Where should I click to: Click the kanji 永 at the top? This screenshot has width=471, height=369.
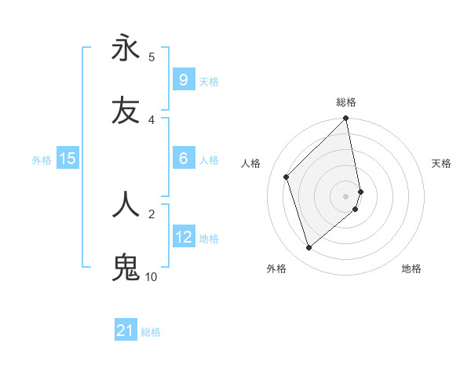(126, 49)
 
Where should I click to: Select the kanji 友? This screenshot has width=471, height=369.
(126, 111)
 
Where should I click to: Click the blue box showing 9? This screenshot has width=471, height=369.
(183, 80)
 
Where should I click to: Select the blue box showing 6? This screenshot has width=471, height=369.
(183, 159)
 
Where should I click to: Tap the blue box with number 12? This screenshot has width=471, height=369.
(183, 237)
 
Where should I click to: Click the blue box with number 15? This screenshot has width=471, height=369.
(68, 159)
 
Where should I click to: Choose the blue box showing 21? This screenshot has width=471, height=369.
(126, 331)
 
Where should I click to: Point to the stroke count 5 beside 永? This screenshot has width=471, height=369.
(152, 57)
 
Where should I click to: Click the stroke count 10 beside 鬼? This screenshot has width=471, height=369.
(151, 276)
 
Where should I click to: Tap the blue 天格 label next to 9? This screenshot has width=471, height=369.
(209, 81)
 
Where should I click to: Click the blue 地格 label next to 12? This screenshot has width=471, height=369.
(209, 238)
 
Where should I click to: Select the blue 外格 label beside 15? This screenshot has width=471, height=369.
(42, 159)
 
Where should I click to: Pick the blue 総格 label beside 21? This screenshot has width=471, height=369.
(151, 332)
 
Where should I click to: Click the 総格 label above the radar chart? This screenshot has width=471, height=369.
(346, 103)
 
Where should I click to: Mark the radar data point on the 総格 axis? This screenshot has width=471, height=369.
(346, 119)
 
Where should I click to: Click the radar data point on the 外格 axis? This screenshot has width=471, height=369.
(309, 248)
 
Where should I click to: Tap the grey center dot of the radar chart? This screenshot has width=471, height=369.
(346, 195)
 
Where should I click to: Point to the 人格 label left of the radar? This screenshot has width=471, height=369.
(251, 163)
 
